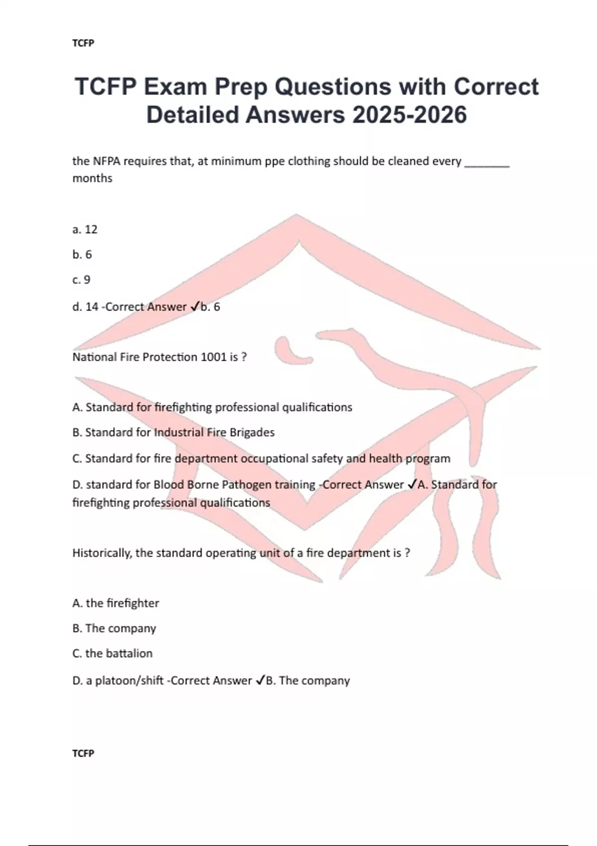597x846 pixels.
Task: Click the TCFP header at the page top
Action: pyautogui.click(x=83, y=43)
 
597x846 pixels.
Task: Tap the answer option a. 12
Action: pyautogui.click(x=85, y=229)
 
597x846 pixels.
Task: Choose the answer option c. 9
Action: pyautogui.click(x=82, y=280)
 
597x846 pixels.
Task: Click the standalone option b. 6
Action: pyautogui.click(x=82, y=255)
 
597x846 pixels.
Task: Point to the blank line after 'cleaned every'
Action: pyautogui.click(x=487, y=164)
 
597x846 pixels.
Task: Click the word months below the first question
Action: pyautogui.click(x=93, y=178)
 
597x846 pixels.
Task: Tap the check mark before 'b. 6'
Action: pyautogui.click(x=195, y=307)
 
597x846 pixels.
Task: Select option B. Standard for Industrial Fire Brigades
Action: pyautogui.click(x=173, y=432)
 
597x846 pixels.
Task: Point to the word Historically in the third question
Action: pyautogui.click(x=102, y=553)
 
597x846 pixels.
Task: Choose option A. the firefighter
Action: pyautogui.click(x=115, y=603)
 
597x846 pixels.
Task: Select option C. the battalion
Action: pyautogui.click(x=112, y=653)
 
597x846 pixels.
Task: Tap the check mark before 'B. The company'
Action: pyautogui.click(x=260, y=681)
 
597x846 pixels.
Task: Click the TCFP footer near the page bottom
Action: pyautogui.click(x=83, y=753)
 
